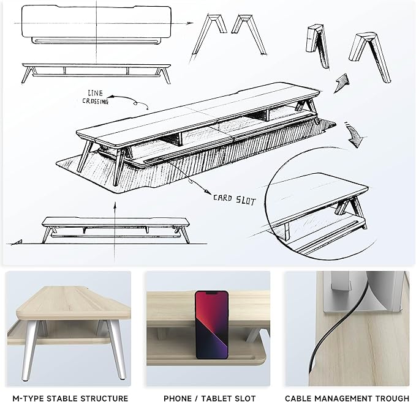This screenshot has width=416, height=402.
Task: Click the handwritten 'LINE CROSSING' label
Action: (95, 97)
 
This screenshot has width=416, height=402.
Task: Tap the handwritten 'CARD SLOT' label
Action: (234, 199)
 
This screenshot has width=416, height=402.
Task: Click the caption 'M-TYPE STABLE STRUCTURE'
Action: (70, 398)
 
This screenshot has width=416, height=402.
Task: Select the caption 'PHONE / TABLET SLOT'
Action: (210, 398)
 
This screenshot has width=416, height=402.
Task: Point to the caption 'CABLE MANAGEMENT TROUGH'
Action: (347, 398)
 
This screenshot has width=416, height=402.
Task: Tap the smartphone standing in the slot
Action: (212, 325)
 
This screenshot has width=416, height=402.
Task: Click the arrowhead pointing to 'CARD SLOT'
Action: (207, 191)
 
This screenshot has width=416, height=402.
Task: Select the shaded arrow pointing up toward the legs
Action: (341, 83)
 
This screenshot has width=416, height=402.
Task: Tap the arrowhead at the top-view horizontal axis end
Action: (190, 23)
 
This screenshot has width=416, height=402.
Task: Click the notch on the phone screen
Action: (211, 293)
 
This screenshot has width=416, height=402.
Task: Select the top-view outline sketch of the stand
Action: (96, 24)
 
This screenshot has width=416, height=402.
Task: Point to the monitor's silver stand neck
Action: (341, 280)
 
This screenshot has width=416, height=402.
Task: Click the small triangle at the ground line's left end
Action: (18, 242)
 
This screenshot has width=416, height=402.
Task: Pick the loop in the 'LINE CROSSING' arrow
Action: (135, 103)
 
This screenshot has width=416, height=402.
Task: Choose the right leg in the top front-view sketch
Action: (164, 75)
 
